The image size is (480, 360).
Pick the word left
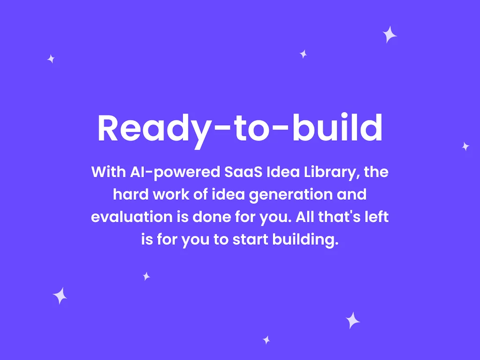(x=376, y=217)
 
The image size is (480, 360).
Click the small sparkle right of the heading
(x=465, y=146)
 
